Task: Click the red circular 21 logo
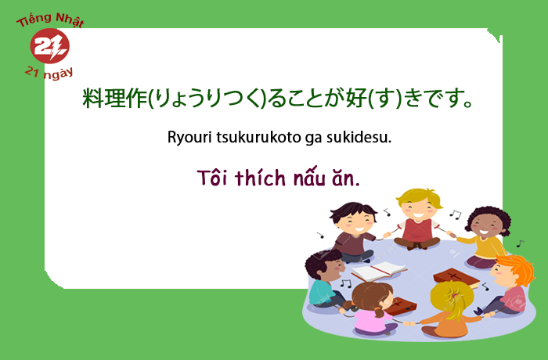[x=49, y=46]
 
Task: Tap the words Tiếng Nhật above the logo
[x=51, y=20]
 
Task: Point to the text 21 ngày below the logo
[x=49, y=73]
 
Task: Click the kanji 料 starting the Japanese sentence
[x=92, y=98]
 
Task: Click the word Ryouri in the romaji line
[x=189, y=138]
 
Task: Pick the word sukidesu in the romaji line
[x=359, y=137]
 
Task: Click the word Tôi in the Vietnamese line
[x=212, y=178]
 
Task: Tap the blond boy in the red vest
[x=417, y=219]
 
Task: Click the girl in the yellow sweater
[x=484, y=236]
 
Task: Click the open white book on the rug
[x=378, y=270]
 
